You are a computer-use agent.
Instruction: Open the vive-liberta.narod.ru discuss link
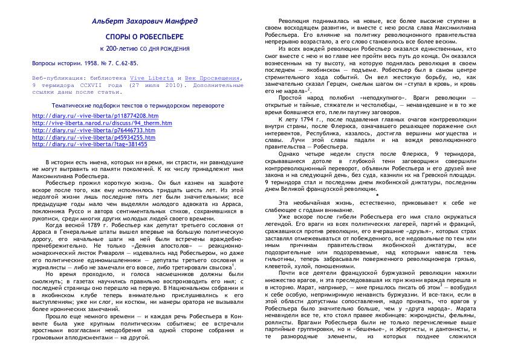[x=102, y=123]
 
